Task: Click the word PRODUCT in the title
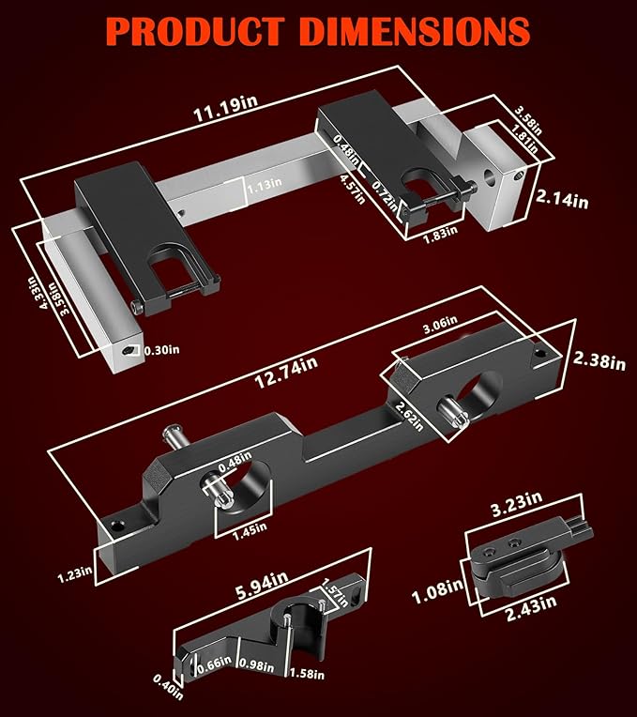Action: pyautogui.click(x=195, y=31)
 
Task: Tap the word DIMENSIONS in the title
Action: pyautogui.click(x=416, y=31)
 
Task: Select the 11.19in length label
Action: pyautogui.click(x=225, y=109)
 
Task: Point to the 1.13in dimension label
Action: pyautogui.click(x=265, y=186)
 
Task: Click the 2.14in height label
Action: pyautogui.click(x=562, y=199)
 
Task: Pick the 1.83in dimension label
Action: pyautogui.click(x=440, y=234)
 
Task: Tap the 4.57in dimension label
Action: pyautogui.click(x=353, y=189)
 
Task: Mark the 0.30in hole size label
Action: pyautogui.click(x=161, y=350)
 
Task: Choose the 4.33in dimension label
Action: pyautogui.click(x=44, y=293)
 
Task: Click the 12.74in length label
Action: pyautogui.click(x=286, y=373)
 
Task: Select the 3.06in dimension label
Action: pyautogui.click(x=440, y=324)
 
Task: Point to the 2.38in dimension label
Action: pyautogui.click(x=599, y=359)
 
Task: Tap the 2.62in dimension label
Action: pyautogui.click(x=410, y=415)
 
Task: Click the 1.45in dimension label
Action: pyautogui.click(x=250, y=532)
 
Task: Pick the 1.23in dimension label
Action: pyautogui.click(x=75, y=574)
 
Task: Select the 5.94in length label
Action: pyautogui.click(x=262, y=585)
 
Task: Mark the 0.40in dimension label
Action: pyautogui.click(x=168, y=686)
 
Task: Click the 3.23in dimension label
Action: pyautogui.click(x=517, y=503)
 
